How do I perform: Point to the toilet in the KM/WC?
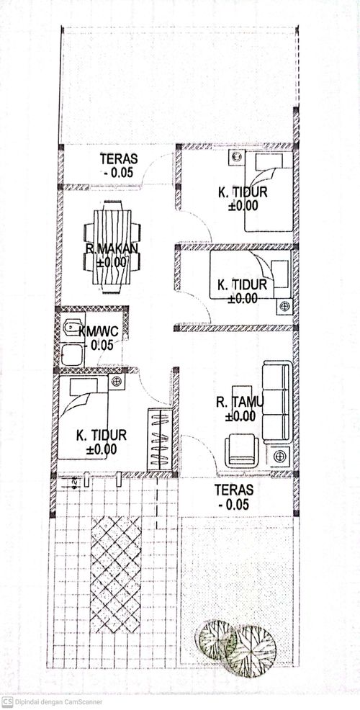click(70, 327)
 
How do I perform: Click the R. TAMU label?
click(240, 402)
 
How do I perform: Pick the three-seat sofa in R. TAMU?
click(276, 402)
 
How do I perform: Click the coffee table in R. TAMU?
click(242, 402)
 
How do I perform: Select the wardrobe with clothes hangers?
click(159, 439)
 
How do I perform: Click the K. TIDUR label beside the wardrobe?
click(102, 436)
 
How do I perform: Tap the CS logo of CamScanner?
click(7, 702)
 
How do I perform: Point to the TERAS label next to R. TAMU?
click(234, 490)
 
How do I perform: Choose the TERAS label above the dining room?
click(119, 159)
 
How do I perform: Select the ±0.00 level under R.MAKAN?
click(112, 261)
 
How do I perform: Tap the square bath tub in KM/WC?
click(72, 354)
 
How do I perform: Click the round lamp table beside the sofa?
click(279, 456)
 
